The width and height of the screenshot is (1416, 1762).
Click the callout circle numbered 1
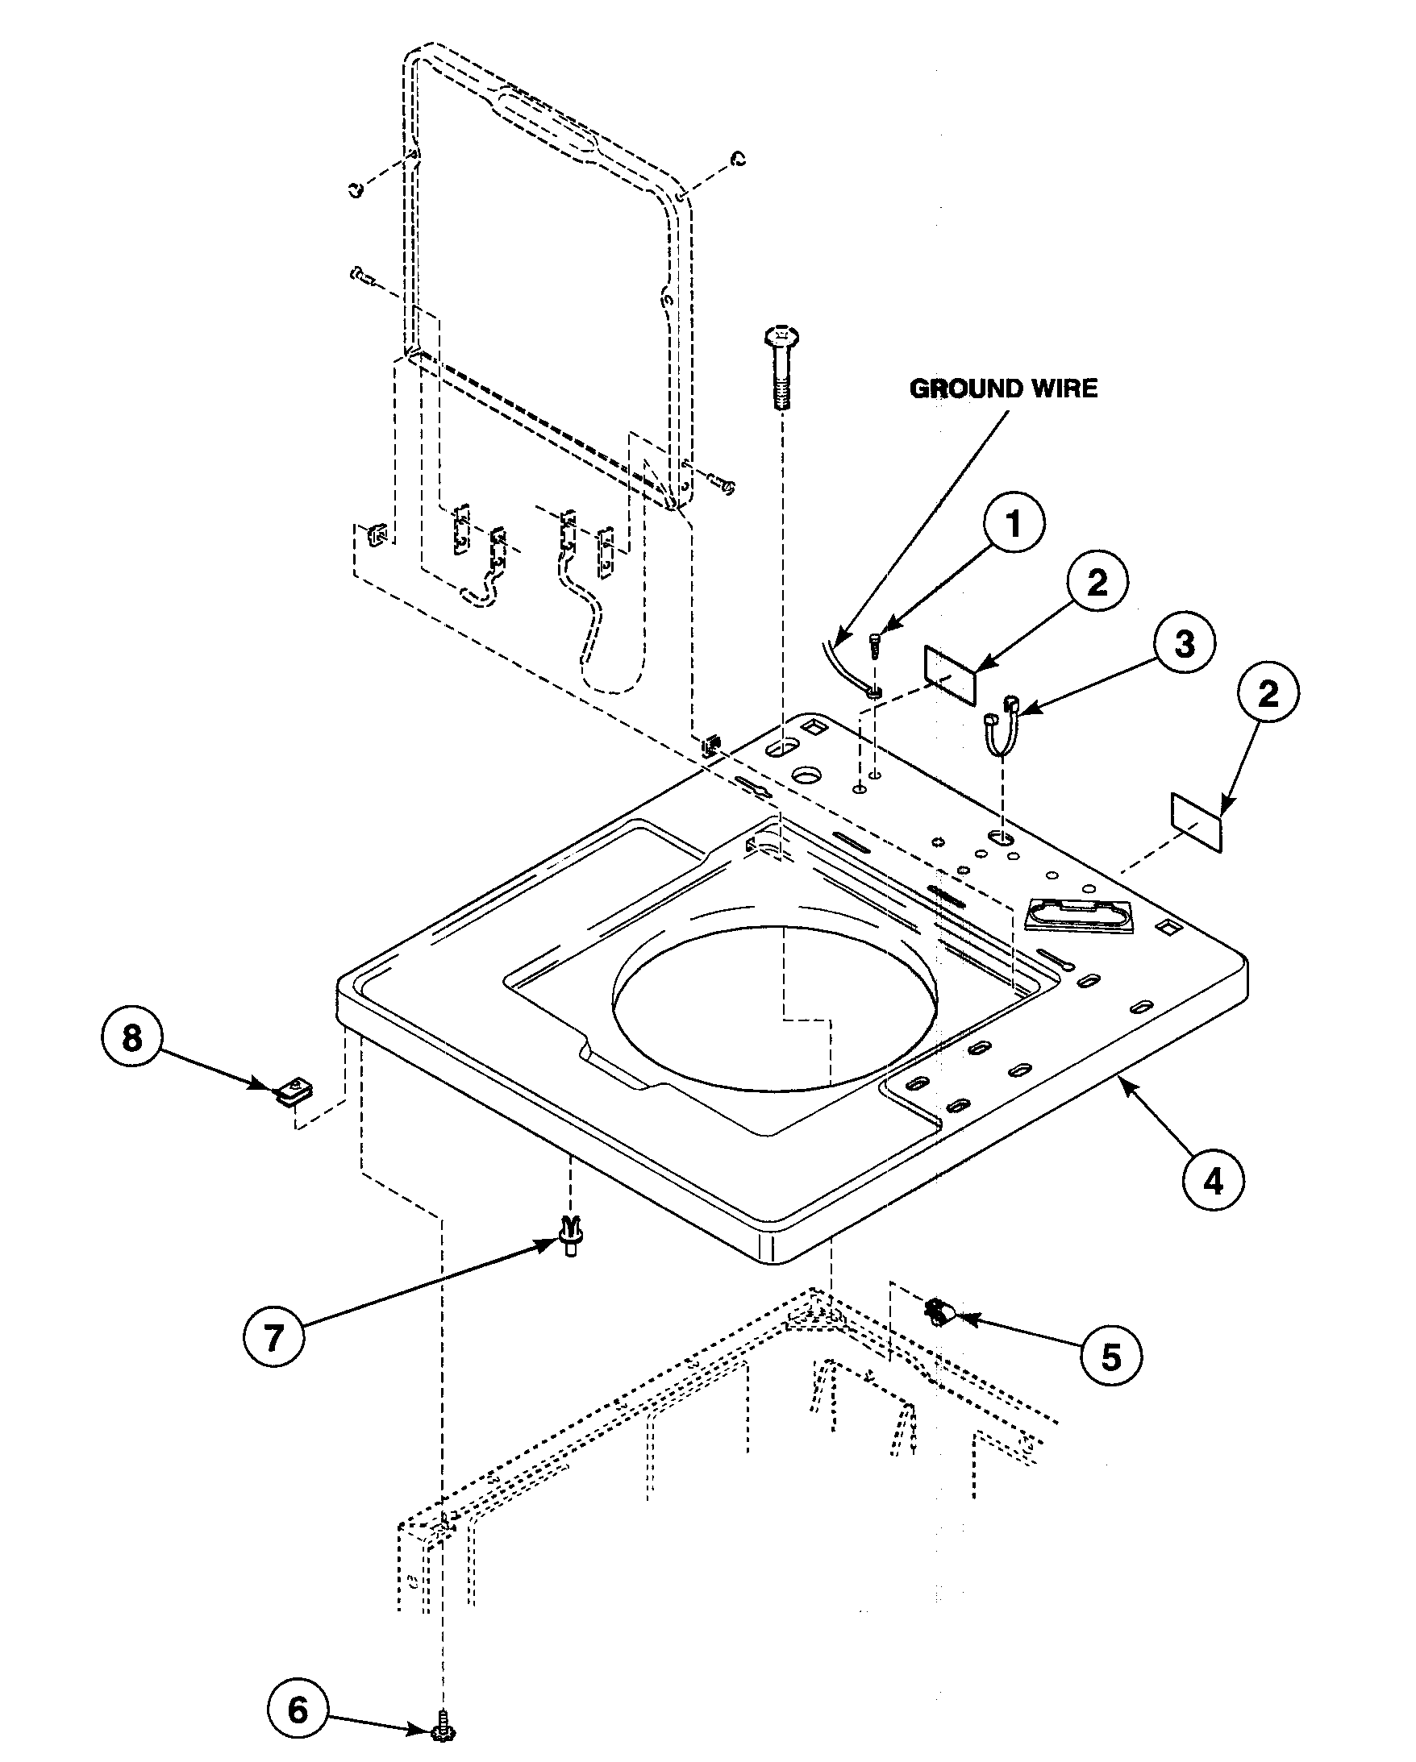tap(1013, 524)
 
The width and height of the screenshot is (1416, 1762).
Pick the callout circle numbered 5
tap(1111, 1357)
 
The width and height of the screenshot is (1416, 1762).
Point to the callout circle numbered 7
tap(274, 1336)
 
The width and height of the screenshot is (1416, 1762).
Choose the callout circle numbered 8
tap(131, 1038)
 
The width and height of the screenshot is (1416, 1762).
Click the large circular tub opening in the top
tap(775, 1007)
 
